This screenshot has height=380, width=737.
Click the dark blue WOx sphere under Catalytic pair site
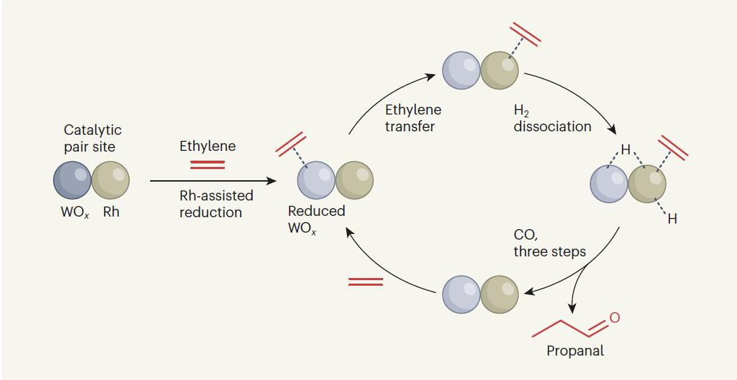[x=72, y=180]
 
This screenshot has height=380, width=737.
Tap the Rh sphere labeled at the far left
[x=110, y=180]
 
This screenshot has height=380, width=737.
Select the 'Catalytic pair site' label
[x=92, y=138]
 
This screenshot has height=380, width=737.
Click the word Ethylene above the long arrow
[x=207, y=146]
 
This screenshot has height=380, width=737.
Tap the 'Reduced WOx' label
[x=316, y=219]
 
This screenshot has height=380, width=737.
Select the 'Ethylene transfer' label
[x=412, y=118]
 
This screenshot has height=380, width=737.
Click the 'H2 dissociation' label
[x=552, y=118]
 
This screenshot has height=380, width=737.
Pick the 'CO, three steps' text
[x=549, y=244]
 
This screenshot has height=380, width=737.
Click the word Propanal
[x=575, y=351]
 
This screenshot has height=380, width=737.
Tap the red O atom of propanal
[x=614, y=319]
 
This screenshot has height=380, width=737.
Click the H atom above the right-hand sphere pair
[x=625, y=149]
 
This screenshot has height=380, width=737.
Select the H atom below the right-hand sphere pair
[x=672, y=221]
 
